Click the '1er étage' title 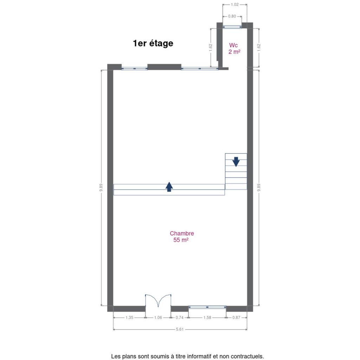tap(153, 43)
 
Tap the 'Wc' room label tap(233, 45)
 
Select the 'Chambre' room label tap(182, 233)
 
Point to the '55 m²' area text tap(181, 240)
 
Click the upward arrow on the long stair tap(169, 187)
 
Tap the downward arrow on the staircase tap(236, 162)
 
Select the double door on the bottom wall tap(158, 301)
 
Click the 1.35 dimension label tap(129, 317)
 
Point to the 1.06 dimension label tap(158, 317)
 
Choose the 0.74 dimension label tap(180, 317)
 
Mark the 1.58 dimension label tap(207, 317)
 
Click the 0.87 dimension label tap(236, 317)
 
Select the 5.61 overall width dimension tap(180, 329)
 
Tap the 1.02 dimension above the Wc tap(234, 5)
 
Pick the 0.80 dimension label tap(232, 16)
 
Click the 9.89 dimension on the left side tap(101, 188)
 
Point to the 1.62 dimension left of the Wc tap(211, 47)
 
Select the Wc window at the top tap(232, 27)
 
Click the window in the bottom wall tap(207, 307)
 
